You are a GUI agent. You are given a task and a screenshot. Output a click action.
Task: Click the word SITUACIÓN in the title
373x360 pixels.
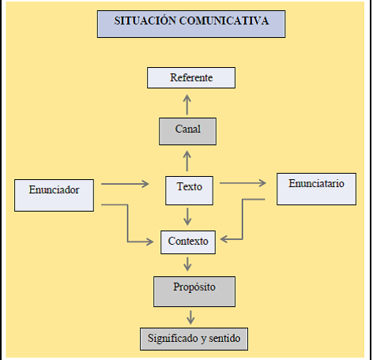pos(145,21)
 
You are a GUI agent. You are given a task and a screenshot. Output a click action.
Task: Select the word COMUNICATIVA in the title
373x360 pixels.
pos(224,21)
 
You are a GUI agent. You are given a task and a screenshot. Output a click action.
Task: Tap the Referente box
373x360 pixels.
pos(191,77)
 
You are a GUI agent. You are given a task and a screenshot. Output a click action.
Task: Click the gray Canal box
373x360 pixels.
pos(187,131)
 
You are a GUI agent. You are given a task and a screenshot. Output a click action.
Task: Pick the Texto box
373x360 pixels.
pos(189,190)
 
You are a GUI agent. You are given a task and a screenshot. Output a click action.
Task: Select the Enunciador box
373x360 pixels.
pos(54,195)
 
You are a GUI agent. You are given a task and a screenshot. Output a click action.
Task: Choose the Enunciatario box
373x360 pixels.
pos(316,189)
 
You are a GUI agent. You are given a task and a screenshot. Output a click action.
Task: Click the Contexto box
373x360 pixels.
pos(188,242)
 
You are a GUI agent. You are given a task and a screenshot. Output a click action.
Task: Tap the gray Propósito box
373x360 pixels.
pos(194,291)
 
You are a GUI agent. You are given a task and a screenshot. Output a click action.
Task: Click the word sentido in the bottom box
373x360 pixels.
pos(224,338)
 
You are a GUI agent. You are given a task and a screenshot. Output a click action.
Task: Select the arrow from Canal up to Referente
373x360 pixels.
pos(187,105)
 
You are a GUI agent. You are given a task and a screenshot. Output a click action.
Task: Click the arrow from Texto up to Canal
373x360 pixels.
pos(187,161)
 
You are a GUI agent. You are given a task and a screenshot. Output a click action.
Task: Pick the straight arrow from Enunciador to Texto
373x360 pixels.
pos(125,184)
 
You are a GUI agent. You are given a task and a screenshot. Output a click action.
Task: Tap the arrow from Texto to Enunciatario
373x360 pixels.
pos(243,183)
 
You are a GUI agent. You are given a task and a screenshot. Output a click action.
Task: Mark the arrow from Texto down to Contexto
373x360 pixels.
pos(187,216)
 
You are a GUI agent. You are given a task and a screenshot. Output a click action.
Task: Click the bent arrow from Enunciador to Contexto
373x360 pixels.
pos(128,223)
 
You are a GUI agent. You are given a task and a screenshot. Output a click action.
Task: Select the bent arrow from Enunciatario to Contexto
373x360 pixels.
pos(243,219)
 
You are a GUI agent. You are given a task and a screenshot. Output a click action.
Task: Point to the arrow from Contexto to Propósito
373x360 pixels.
pos(187,264)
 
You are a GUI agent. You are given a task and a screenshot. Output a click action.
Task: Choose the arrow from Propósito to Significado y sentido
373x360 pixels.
pos(190,317)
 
